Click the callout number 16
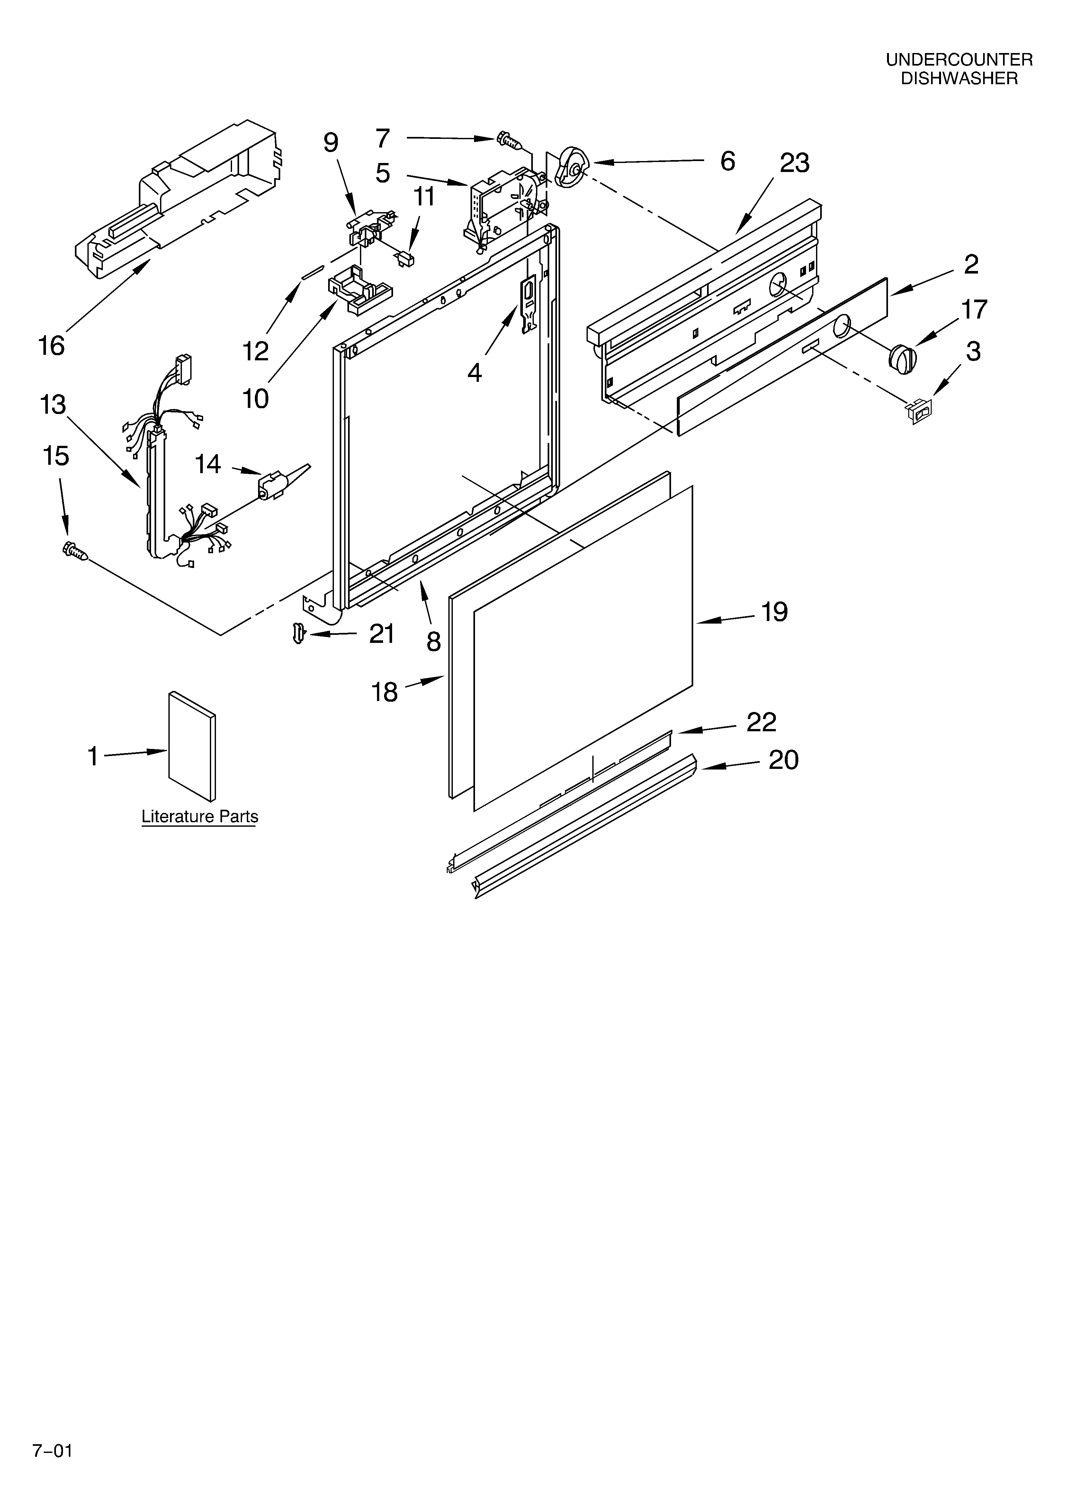pos(52,345)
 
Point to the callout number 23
pos(794,163)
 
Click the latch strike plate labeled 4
pos(527,304)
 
